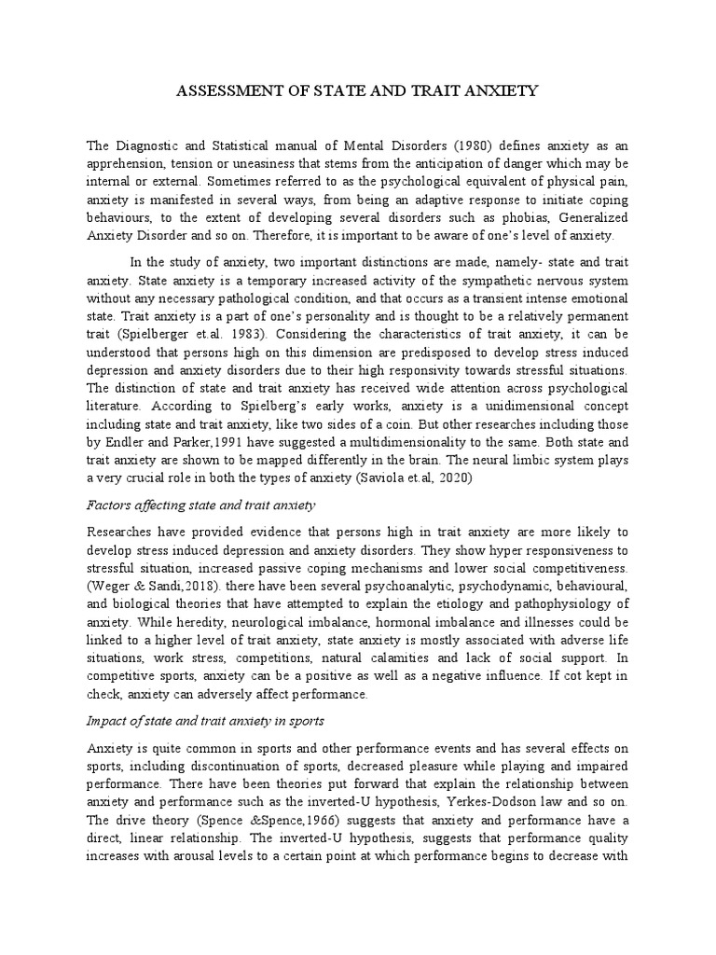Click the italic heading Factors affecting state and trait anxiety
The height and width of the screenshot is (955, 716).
pos(200,505)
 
